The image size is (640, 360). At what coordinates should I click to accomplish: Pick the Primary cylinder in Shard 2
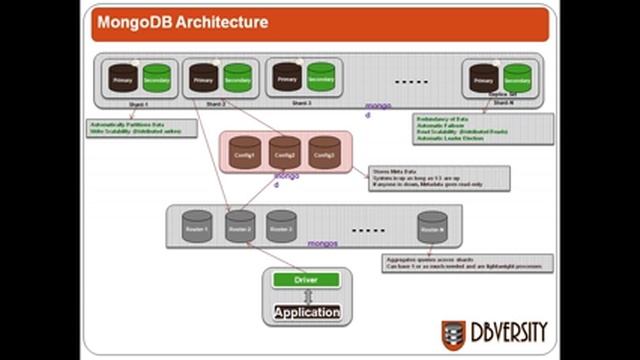pos(204,78)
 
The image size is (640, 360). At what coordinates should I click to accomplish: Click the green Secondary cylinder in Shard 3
pos(320,77)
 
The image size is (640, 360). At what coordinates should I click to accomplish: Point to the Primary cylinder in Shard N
pos(484,78)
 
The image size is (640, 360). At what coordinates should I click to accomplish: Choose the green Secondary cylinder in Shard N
pos(517,78)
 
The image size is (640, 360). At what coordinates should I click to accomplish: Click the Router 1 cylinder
pos(197,227)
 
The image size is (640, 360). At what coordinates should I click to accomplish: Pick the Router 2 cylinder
pos(239,227)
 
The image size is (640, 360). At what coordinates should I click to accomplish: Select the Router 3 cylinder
pos(281,227)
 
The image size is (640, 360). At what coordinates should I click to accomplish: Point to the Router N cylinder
pos(432,227)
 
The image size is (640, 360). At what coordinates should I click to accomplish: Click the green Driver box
pos(307,280)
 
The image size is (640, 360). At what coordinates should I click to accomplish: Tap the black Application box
pos(307,312)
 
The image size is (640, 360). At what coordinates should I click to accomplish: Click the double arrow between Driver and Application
pos(307,296)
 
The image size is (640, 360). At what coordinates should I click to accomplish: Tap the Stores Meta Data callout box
pos(438,178)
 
